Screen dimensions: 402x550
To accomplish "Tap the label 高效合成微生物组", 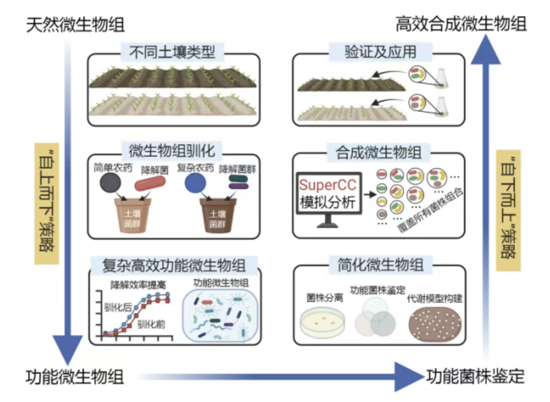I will [x=461, y=24].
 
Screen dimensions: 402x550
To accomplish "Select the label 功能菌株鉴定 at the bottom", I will [x=475, y=375].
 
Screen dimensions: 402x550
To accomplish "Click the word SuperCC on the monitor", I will [x=327, y=185].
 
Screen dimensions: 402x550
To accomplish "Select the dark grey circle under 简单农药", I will [x=111, y=183].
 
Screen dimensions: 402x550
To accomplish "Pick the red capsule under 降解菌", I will [x=151, y=183].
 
